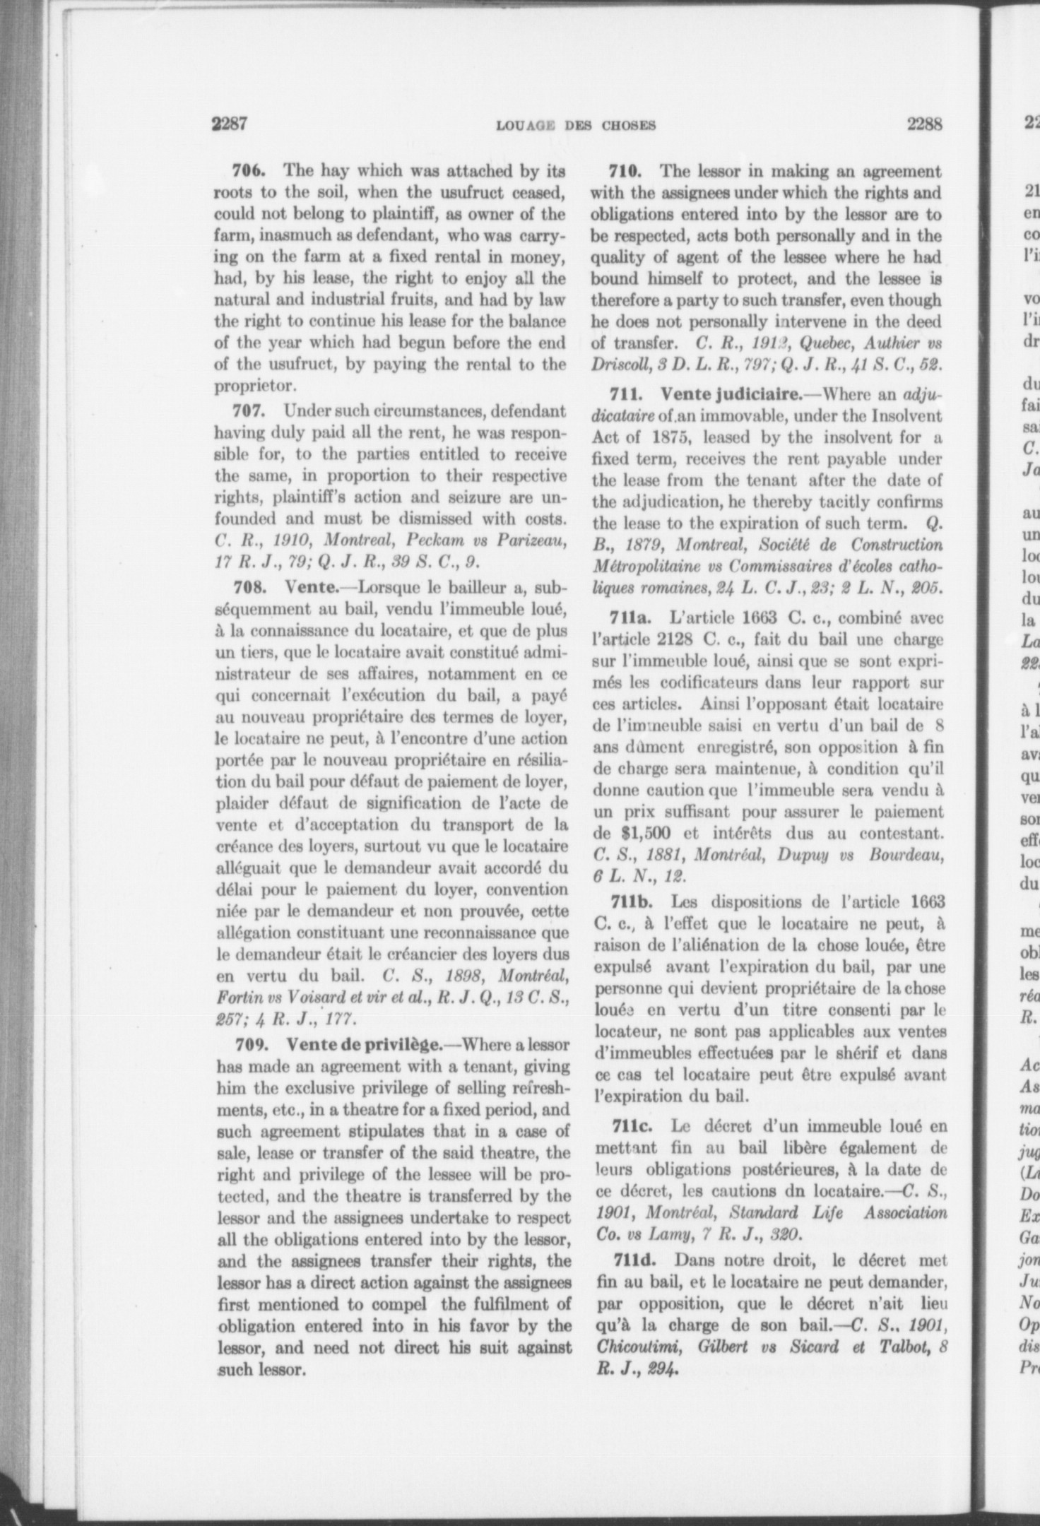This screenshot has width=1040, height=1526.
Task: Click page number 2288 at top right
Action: click(926, 124)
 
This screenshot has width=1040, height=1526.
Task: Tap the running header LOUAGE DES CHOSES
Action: click(576, 126)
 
